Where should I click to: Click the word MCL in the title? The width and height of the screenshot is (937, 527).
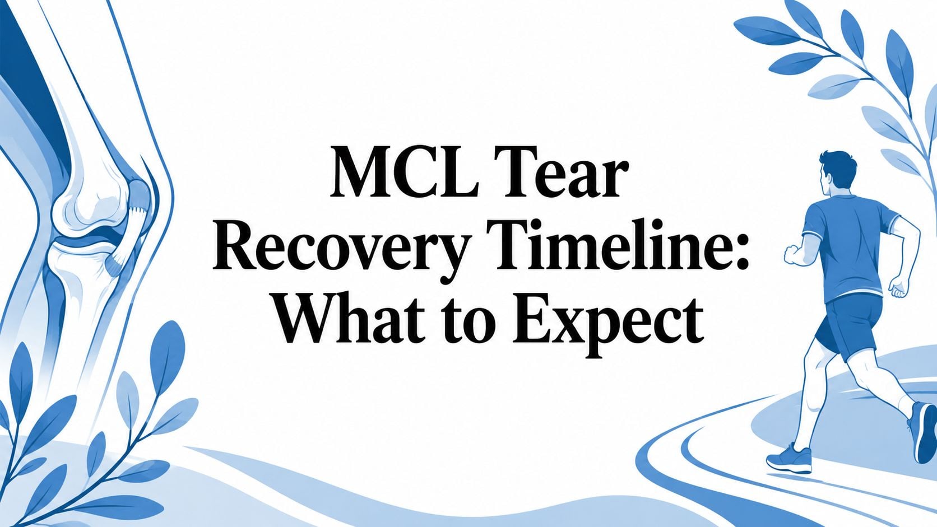coord(404,172)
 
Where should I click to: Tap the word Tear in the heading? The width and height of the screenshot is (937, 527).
coord(560,172)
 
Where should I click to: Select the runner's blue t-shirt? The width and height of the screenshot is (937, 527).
coord(849,246)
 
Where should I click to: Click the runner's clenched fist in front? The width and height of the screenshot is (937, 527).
coord(792,254)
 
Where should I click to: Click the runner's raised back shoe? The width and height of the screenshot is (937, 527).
coord(923,432)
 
